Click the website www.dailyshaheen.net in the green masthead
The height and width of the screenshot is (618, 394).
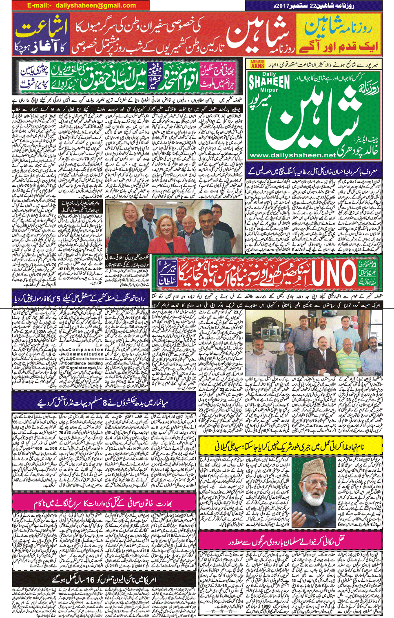click(x=292, y=155)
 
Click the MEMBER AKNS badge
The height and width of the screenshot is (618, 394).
click(x=257, y=64)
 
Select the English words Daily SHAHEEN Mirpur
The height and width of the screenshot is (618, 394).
click(x=269, y=82)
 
